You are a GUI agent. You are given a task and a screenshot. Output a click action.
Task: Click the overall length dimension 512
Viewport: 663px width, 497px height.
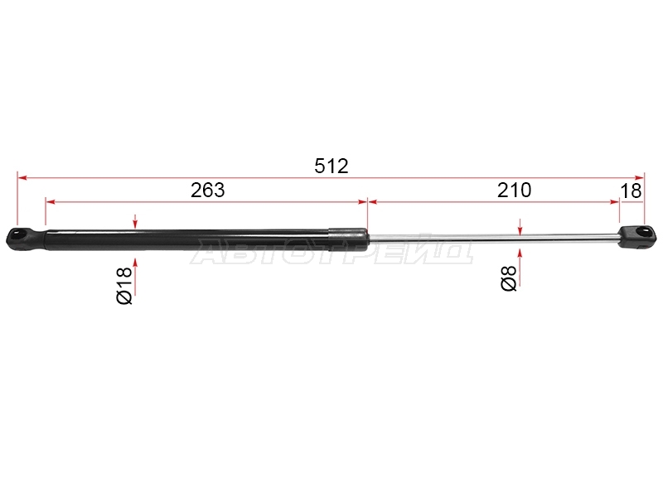click(331, 166)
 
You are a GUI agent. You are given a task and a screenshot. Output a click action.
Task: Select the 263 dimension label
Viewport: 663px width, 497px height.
click(208, 191)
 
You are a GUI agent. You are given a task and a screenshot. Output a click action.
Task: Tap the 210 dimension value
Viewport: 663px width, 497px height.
click(514, 191)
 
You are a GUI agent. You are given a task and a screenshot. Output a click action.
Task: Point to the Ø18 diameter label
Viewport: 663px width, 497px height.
click(125, 286)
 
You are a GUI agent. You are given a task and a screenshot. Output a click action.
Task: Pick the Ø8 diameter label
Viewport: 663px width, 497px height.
click(509, 278)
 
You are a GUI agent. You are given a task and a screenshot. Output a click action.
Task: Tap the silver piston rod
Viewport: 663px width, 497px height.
click(491, 238)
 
